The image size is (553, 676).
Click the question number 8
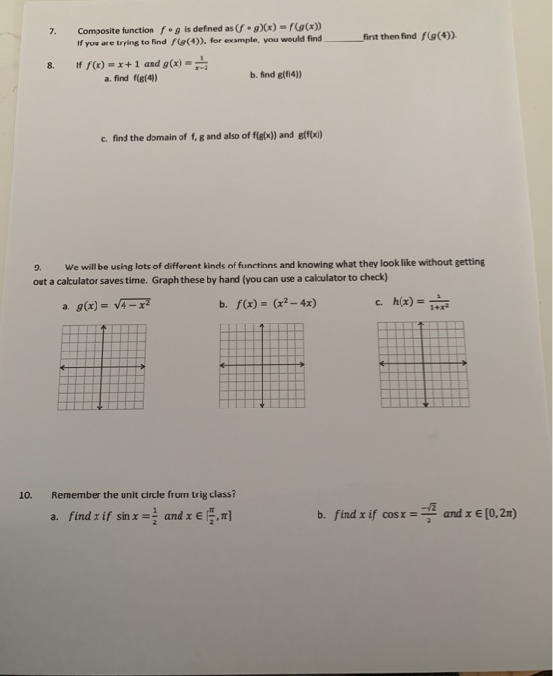(x=55, y=68)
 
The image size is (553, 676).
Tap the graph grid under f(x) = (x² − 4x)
(x=263, y=367)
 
